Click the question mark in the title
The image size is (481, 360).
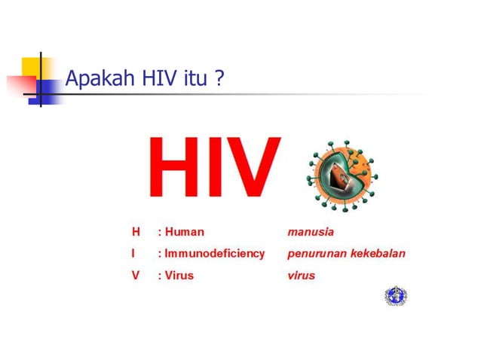click(x=219, y=78)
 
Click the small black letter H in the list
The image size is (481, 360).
click(x=136, y=232)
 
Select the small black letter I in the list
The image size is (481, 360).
click(x=134, y=254)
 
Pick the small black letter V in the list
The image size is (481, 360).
click(x=136, y=276)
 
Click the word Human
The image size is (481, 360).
click(x=184, y=232)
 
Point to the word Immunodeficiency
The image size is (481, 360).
click(x=214, y=254)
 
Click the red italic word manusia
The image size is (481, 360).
click(x=311, y=232)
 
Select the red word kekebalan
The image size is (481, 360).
click(x=378, y=254)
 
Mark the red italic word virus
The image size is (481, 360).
click(x=302, y=276)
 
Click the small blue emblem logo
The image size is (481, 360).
click(x=394, y=296)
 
